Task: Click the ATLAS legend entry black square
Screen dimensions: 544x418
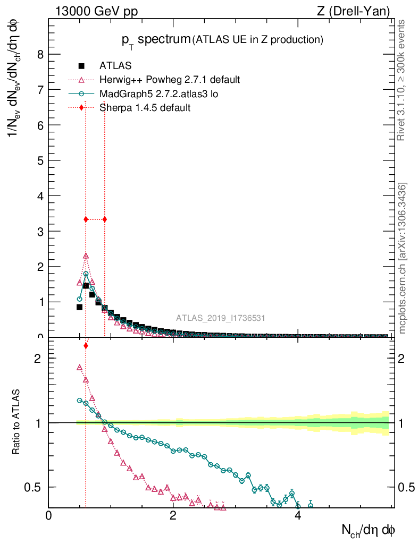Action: click(x=81, y=66)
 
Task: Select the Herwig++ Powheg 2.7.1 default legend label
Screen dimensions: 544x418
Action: click(x=170, y=80)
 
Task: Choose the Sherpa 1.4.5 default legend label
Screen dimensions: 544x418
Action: click(x=145, y=107)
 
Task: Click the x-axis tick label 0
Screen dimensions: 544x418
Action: click(x=48, y=516)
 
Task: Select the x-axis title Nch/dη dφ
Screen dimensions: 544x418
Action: click(x=368, y=530)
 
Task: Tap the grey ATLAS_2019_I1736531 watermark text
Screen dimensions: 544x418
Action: click(x=221, y=318)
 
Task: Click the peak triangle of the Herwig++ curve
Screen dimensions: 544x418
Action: click(x=86, y=256)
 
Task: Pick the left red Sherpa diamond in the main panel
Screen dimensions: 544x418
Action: click(x=86, y=219)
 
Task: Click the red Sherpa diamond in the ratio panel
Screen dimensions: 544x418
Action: click(x=86, y=346)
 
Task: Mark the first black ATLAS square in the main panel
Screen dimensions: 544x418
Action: click(x=79, y=307)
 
